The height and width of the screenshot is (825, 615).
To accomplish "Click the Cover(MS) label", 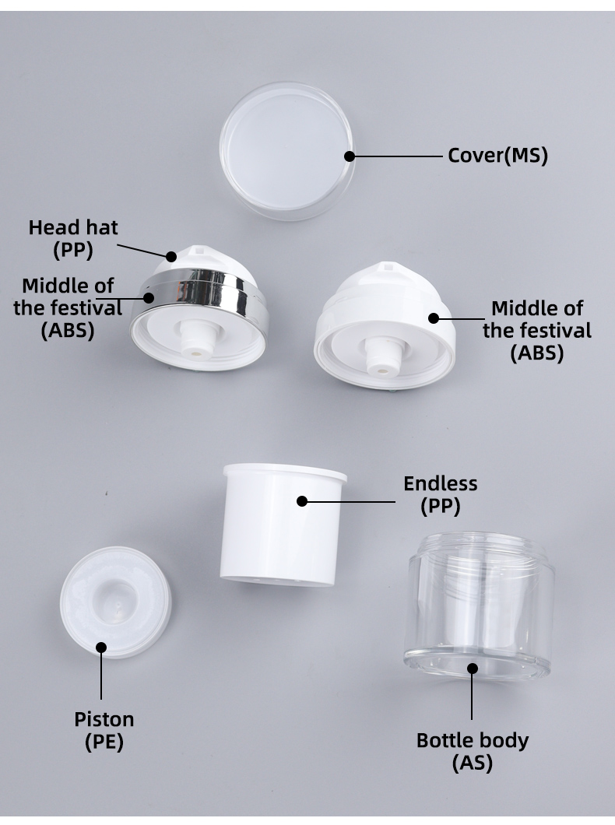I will tap(497, 156).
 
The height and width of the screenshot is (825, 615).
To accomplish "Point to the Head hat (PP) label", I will tap(73, 238).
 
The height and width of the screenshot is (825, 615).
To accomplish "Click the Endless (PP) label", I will tap(440, 494).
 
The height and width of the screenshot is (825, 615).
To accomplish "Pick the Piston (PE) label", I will tap(104, 730).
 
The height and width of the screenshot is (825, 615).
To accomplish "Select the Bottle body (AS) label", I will tap(473, 751).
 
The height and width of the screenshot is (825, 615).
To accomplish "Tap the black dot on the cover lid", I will tap(350, 156).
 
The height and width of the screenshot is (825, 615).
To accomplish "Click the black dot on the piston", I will tap(100, 647).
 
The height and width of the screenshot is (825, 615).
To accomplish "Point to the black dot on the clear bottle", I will tap(472, 668).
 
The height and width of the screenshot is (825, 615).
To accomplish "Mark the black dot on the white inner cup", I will tap(302, 502).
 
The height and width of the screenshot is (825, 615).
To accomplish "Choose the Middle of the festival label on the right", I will tap(536, 330).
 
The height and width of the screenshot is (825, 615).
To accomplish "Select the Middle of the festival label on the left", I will tap(68, 307).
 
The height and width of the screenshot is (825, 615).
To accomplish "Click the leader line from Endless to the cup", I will tap(350, 502).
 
